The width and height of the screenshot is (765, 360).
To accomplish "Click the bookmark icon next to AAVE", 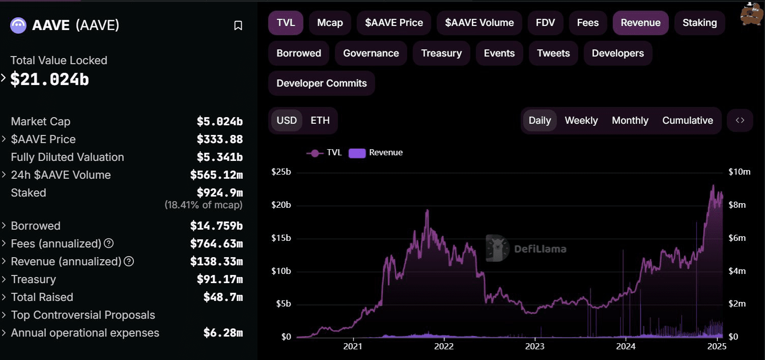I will click(x=238, y=25).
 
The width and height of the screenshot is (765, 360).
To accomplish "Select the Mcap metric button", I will click(x=330, y=23).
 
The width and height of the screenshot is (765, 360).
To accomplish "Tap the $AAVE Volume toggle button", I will click(x=479, y=23).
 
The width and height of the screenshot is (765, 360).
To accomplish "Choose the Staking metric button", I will click(x=699, y=23).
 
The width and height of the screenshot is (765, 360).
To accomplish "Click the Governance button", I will click(x=371, y=53).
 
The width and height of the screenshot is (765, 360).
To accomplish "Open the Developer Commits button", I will click(x=321, y=84).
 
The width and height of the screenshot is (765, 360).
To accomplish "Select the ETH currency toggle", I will click(x=320, y=121).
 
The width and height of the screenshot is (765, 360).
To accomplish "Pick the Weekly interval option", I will click(x=581, y=121).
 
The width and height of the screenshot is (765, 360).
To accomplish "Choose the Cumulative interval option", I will click(x=687, y=121).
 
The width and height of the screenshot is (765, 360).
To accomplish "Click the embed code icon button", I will click(x=740, y=121).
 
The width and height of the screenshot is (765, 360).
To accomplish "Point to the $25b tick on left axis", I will click(x=280, y=172).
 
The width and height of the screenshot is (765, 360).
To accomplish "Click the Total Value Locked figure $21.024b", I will click(x=49, y=79).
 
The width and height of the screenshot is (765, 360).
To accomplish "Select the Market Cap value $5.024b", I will click(x=219, y=122).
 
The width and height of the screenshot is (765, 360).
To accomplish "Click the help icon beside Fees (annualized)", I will click(x=108, y=243).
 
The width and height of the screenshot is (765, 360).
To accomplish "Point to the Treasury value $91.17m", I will click(x=219, y=280).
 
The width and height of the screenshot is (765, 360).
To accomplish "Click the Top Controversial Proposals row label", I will click(x=83, y=315).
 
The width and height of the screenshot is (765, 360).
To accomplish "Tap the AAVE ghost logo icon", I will click(x=18, y=25).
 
